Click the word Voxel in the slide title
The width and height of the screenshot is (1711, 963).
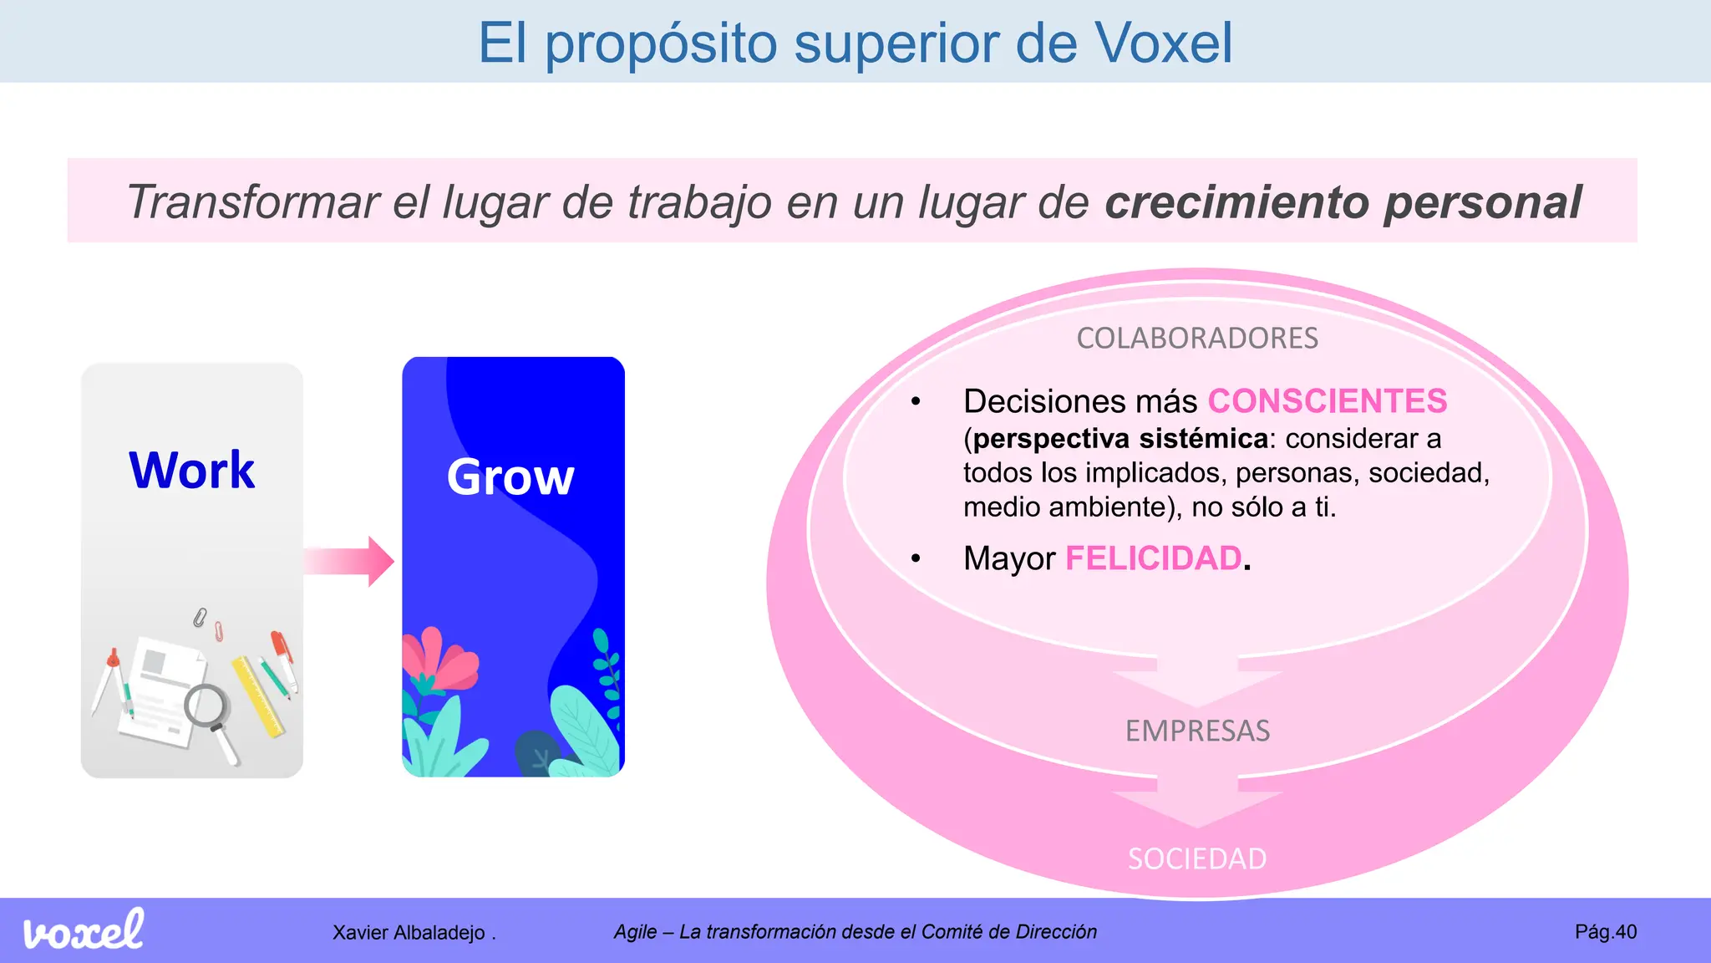pyautogui.click(x=1163, y=43)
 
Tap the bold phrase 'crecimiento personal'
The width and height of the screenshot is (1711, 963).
pyautogui.click(x=1343, y=202)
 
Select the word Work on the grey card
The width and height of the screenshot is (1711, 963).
pyautogui.click(x=191, y=470)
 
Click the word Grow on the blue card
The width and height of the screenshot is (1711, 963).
pyautogui.click(x=510, y=476)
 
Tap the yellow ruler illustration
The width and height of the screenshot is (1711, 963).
pyautogui.click(x=258, y=696)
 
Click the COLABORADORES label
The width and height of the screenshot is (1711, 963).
pyautogui.click(x=1196, y=339)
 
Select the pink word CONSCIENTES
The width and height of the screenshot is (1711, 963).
pyautogui.click(x=1327, y=401)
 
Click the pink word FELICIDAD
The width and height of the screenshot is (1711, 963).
pyautogui.click(x=1153, y=558)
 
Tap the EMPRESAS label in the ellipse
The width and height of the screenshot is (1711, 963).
pyautogui.click(x=1196, y=731)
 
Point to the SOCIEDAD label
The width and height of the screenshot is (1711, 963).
pyautogui.click(x=1196, y=859)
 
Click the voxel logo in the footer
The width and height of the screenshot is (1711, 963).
pyautogui.click(x=84, y=930)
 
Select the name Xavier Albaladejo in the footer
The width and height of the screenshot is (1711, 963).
pyautogui.click(x=409, y=933)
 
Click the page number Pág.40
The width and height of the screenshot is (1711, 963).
pyautogui.click(x=1605, y=932)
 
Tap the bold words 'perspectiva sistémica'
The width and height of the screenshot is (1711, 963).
pyautogui.click(x=1120, y=439)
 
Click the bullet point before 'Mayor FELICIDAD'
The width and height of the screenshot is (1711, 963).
pyautogui.click(x=916, y=558)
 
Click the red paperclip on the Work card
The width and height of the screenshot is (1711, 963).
pyautogui.click(x=219, y=631)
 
